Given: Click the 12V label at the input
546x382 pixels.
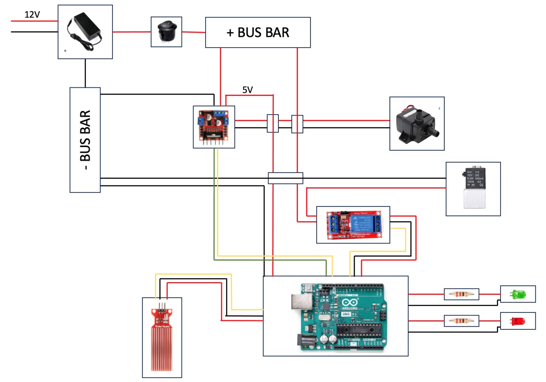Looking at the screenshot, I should point(32,15).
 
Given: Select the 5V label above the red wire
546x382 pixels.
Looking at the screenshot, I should point(248,90).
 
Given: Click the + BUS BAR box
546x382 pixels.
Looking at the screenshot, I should point(258,33).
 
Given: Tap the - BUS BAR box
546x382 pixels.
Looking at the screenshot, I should point(85,140).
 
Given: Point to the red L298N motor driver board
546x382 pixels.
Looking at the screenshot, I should point(214,127).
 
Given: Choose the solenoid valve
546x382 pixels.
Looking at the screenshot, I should point(473,189).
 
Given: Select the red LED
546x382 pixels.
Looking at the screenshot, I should point(517,321).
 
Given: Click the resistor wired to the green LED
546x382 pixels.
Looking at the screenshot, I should point(461,294).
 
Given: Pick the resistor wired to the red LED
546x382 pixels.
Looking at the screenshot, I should point(461,321).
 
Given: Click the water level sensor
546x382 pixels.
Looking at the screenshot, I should point(162,337).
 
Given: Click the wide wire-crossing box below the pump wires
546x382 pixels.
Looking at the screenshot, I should point(285,178).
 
